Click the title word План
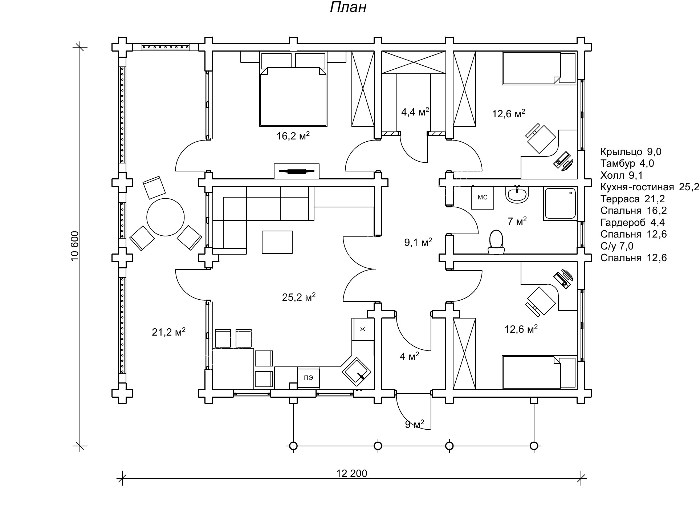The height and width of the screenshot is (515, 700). coord(348,7)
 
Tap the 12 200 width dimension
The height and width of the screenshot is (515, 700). coord(351,473)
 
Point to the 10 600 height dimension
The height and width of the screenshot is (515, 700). coord(75,246)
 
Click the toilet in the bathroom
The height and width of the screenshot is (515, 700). coord(496,242)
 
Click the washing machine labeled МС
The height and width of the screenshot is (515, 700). coord(483,198)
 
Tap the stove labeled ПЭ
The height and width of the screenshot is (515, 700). coord(309,378)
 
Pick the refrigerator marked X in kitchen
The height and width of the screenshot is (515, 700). coord(362,329)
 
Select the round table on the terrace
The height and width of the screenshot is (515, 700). coord(166,217)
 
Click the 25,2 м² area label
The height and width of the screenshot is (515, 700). coord(298,297)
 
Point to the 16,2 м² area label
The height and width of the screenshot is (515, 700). coord(293,136)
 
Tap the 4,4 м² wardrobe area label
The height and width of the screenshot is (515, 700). coord(415,112)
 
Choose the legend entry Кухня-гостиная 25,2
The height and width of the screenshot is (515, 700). coord(650,187)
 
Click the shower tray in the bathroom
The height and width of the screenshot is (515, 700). coord(560,203)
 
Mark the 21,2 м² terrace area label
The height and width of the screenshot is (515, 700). coord(169,332)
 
